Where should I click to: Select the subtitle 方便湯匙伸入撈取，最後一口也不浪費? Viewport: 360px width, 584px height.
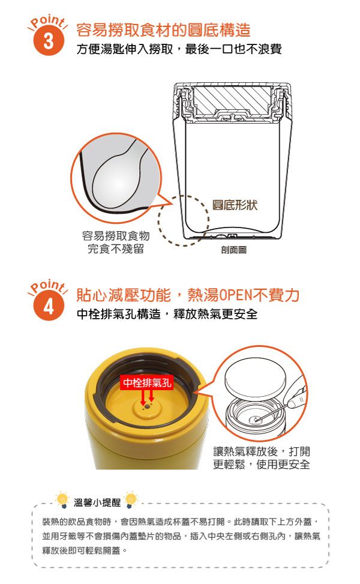(179, 49)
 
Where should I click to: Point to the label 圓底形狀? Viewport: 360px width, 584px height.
(235, 205)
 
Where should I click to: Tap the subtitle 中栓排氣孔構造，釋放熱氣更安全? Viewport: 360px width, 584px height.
(167, 314)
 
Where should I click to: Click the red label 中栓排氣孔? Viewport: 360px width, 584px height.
(147, 383)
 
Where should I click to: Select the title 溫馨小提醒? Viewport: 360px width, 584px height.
(97, 502)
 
